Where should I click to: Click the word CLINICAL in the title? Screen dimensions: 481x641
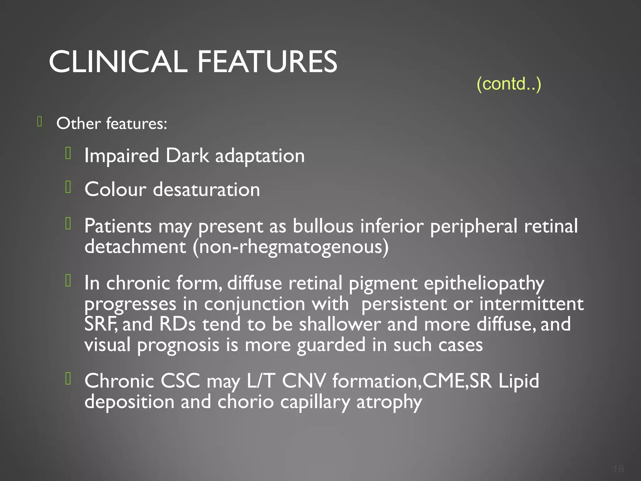tap(118, 62)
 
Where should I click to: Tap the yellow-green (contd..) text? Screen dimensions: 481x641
tap(509, 84)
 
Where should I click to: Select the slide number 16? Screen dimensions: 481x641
tap(618, 469)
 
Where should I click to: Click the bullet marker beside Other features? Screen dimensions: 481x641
tap(39, 122)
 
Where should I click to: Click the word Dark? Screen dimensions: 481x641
tap(187, 156)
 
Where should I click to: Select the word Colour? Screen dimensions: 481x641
tap(115, 189)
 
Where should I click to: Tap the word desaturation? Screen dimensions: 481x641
tap(206, 189)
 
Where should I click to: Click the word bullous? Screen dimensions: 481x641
tap(323, 226)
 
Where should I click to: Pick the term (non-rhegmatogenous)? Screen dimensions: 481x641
tap(290, 247)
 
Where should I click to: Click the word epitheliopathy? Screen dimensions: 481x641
tap(484, 283)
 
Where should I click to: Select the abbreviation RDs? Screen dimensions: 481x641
tap(177, 324)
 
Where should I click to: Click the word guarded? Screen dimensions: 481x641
tap(331, 345)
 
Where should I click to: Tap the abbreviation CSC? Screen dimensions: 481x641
tap(180, 381)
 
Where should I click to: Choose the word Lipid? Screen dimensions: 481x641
tap(519, 381)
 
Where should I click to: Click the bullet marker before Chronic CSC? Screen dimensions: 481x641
tap(68, 379)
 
